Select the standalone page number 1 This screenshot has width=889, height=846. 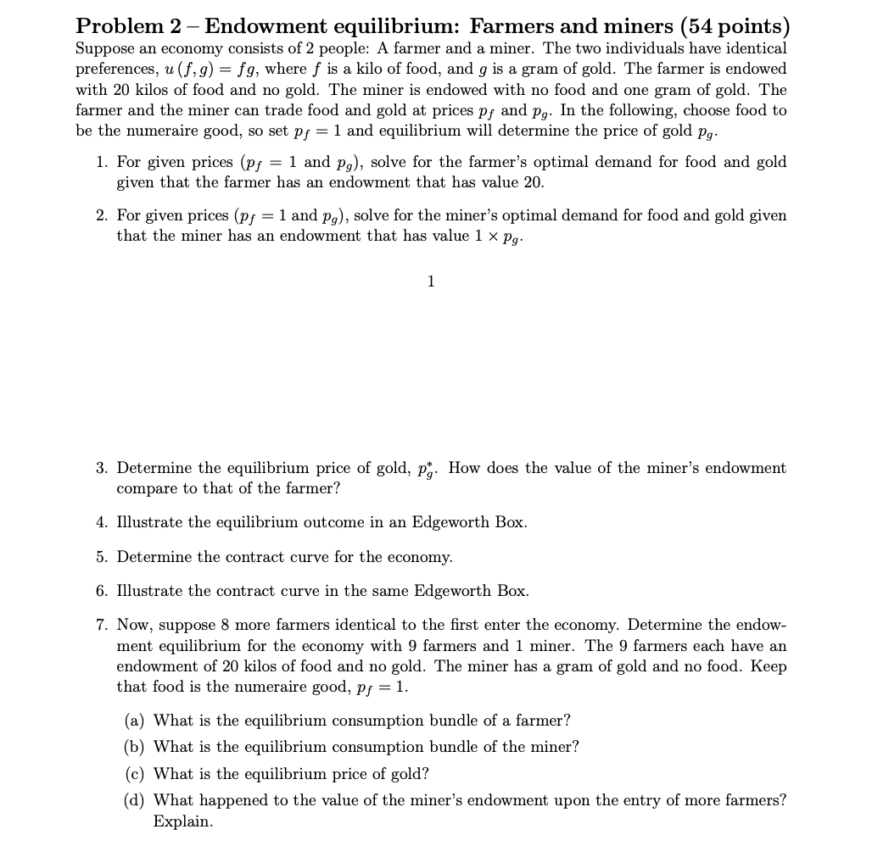pos(431,281)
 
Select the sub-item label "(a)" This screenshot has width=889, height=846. pos(134,721)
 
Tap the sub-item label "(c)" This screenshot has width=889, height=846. pos(134,774)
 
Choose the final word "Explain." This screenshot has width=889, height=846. pos(182,821)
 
